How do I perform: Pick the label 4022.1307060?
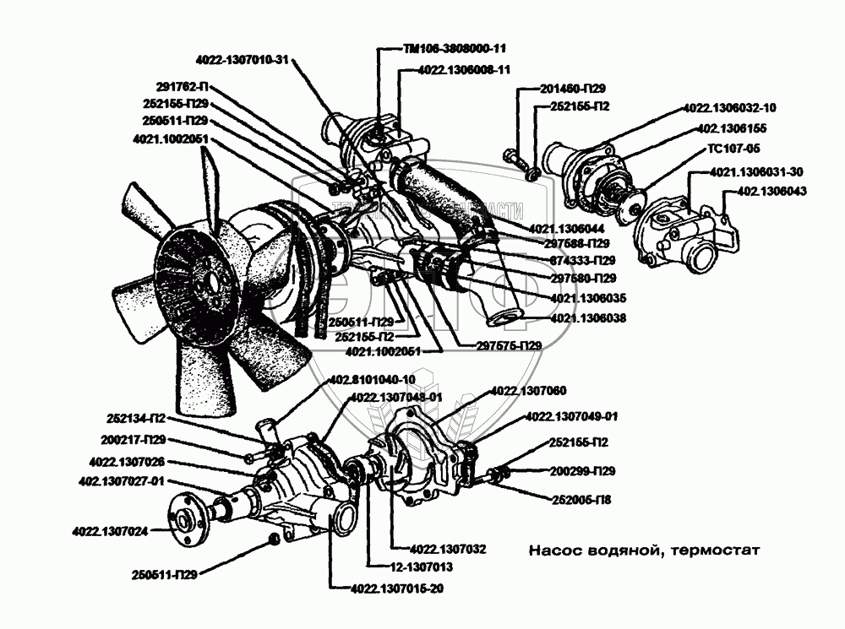coord(528,389)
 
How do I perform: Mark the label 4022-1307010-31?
coord(242,59)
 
